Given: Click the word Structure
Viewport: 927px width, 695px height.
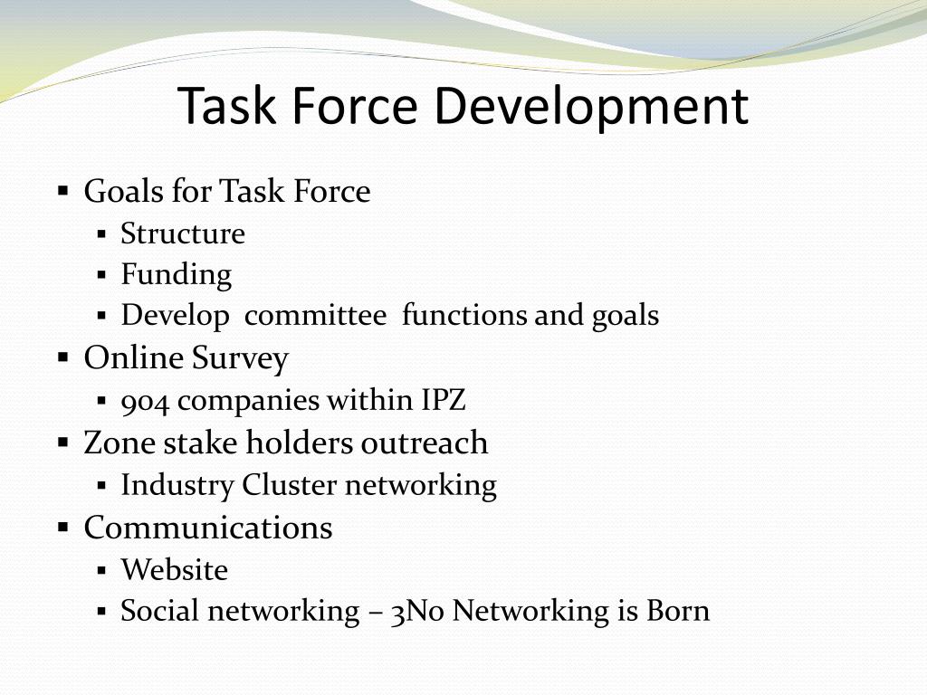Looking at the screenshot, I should [x=183, y=234].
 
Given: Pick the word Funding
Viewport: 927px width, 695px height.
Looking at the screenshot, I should [x=177, y=275].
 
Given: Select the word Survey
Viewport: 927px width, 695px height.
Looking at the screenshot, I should [x=240, y=358].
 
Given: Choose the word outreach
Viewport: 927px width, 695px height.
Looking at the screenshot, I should [x=425, y=443].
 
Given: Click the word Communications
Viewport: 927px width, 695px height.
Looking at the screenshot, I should [x=208, y=528].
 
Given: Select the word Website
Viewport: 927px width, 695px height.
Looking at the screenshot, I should [x=175, y=570].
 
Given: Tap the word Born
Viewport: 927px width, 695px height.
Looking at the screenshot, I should [x=678, y=611].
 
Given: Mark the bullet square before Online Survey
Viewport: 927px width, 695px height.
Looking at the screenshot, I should [x=63, y=357].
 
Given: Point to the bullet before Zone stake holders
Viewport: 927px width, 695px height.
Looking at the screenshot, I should [x=63, y=443].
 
